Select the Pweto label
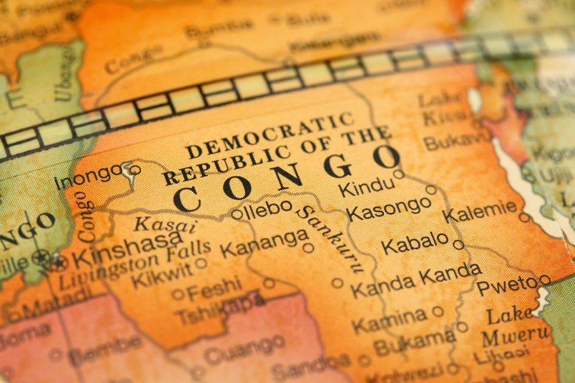[x=507, y=285]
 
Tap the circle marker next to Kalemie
[x=524, y=218]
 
